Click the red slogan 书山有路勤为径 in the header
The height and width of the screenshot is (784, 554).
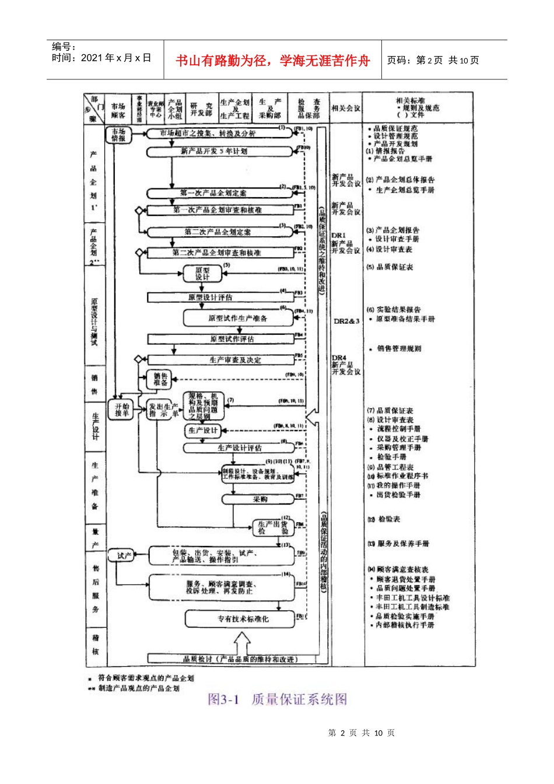coord(272,61)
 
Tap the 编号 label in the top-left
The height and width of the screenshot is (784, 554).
coord(64,47)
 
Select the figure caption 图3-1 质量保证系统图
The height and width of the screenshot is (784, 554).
coord(278,699)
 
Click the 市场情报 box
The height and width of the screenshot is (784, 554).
coord(118,135)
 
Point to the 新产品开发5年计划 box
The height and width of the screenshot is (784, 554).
coord(213,151)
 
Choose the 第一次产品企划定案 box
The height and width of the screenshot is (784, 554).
coord(213,193)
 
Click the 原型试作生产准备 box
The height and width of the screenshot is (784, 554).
coord(238,318)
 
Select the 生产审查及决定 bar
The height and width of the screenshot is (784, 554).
coord(220,360)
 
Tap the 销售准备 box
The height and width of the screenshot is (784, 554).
coord(160,380)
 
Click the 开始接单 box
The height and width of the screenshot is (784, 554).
coord(122,409)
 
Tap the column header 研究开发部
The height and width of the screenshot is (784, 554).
coord(201,109)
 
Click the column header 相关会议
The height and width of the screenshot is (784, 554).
coord(346,108)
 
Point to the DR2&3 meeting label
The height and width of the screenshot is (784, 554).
coord(346,321)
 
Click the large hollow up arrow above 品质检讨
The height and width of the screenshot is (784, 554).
coord(242,645)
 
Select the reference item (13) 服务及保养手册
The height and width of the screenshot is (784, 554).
coord(398,544)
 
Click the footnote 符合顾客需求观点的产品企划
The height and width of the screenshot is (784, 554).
coord(145,678)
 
